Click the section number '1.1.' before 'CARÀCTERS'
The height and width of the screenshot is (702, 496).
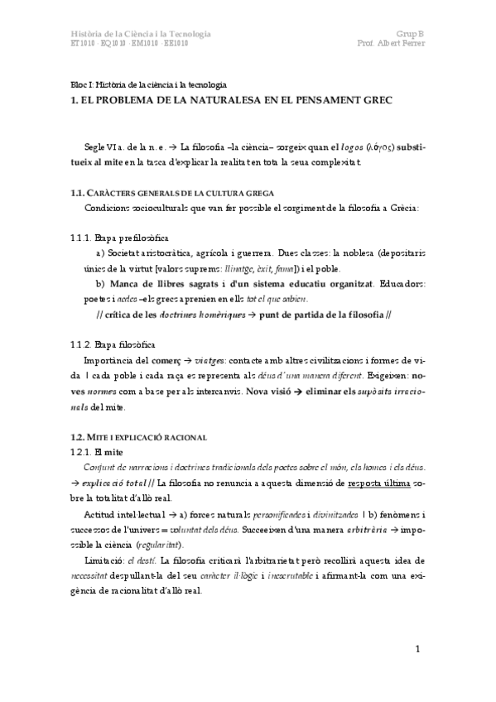tap(79, 192)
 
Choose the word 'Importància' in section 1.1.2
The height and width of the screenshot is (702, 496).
tap(110, 359)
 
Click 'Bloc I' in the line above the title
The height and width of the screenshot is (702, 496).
tap(81, 85)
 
